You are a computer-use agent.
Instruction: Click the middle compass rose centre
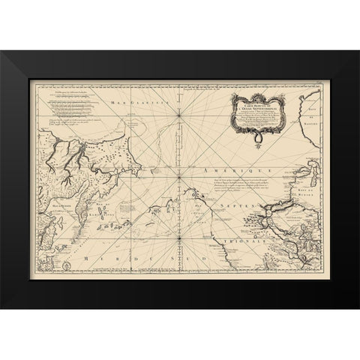(178, 179)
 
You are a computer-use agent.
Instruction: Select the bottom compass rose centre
(178, 242)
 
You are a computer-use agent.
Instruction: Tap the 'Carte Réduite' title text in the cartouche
(256, 97)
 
